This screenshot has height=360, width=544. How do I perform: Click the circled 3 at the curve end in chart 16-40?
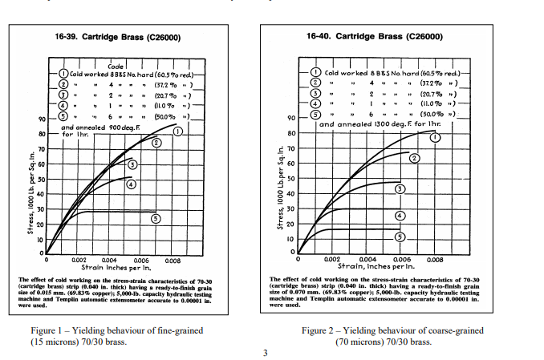(x=398, y=188)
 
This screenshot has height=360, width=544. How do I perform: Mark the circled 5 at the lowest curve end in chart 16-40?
(x=400, y=237)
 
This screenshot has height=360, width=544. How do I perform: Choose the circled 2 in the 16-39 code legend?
(x=63, y=84)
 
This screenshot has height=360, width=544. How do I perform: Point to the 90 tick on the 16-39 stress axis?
(x=41, y=119)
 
